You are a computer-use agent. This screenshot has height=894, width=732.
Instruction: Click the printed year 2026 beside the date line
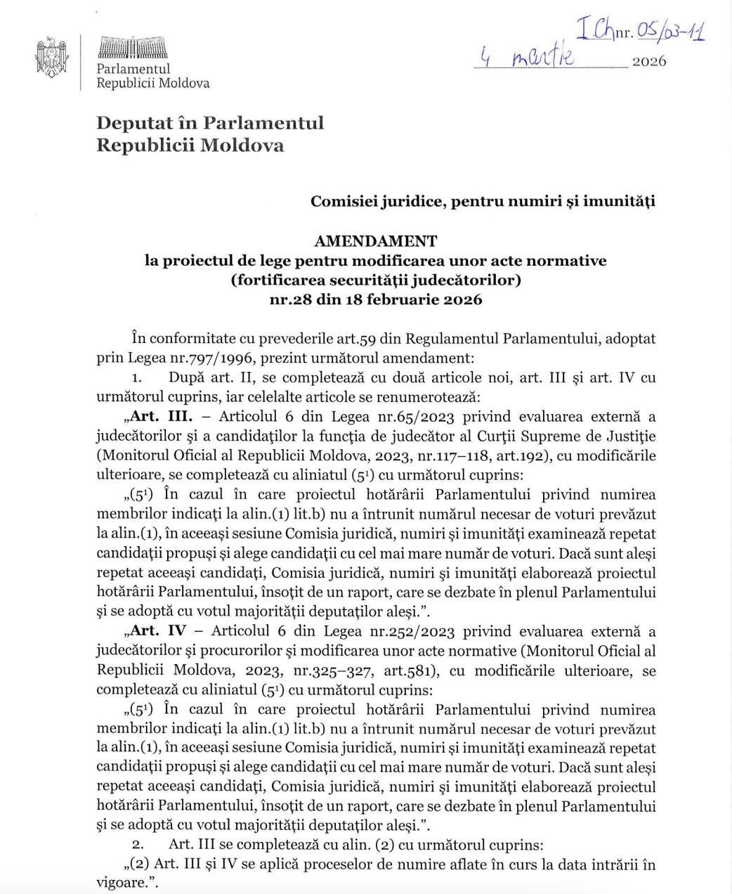[x=649, y=61]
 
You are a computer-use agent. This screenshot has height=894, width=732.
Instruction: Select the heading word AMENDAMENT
[x=375, y=241]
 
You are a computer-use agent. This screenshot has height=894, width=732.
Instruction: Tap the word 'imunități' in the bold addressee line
[x=622, y=202]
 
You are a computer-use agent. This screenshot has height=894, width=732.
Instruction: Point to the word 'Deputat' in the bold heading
[x=145, y=124]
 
